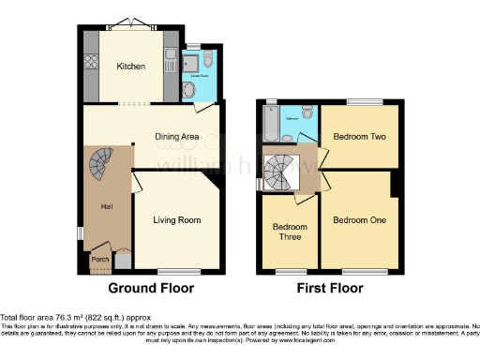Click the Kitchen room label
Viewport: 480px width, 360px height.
tap(130, 67)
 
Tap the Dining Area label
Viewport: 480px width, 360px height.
tap(178, 138)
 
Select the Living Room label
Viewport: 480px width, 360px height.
tap(177, 221)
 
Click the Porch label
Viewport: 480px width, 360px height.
tap(99, 260)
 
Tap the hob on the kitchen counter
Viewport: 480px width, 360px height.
tap(92, 65)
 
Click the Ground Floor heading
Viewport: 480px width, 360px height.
tap(152, 288)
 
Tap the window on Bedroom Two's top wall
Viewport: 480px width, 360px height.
tap(365, 101)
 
